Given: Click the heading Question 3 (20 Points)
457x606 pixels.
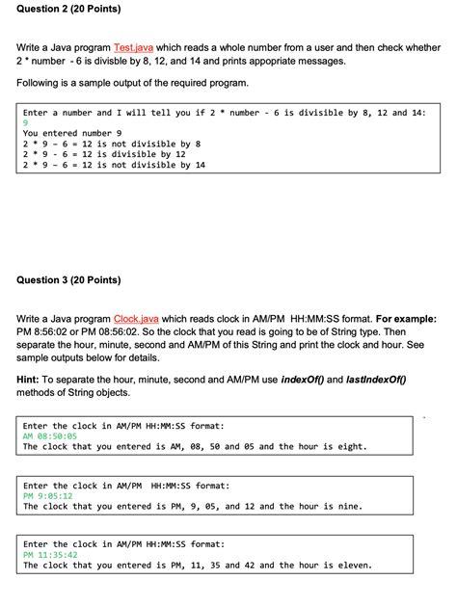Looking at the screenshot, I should (x=68, y=280).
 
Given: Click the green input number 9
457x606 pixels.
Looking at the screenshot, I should (x=26, y=122).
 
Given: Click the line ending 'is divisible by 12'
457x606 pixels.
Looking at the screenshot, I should (x=104, y=154).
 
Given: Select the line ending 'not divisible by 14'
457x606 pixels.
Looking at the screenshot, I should (x=114, y=165).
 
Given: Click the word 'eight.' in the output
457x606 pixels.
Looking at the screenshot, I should (x=350, y=446).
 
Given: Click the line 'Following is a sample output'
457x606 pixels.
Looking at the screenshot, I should (x=132, y=83).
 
